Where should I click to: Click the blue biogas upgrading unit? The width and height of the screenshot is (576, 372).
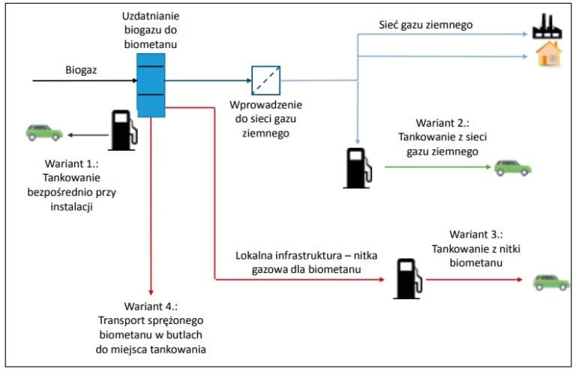(x=151, y=85)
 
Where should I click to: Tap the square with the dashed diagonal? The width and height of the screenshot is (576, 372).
(x=266, y=80)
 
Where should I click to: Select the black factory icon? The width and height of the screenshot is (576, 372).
(x=547, y=26)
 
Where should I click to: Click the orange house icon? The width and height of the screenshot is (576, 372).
(x=549, y=54)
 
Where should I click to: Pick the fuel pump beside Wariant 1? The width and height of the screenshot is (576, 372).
(x=123, y=130)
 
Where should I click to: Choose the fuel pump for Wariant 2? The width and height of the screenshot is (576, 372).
(x=358, y=168)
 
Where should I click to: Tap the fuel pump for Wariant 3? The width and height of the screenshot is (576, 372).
(x=408, y=279)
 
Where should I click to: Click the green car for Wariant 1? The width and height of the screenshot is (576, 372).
(x=44, y=133)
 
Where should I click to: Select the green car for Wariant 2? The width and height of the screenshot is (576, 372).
(x=512, y=168)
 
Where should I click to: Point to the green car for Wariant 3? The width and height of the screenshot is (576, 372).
(x=551, y=283)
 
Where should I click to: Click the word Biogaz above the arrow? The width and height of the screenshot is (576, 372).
(x=81, y=70)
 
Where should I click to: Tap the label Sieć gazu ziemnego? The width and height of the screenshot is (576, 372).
(x=426, y=25)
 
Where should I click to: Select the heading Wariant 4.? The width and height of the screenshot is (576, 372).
(x=151, y=306)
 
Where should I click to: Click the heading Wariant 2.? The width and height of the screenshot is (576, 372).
(x=442, y=123)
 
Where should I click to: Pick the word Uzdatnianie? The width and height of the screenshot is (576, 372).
(x=151, y=16)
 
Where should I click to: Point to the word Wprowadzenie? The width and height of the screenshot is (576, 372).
(x=265, y=105)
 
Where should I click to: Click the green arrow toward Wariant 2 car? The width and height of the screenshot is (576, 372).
(x=437, y=167)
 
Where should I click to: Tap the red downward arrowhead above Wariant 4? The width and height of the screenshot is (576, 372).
(x=151, y=292)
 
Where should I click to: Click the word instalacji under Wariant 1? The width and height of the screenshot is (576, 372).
(x=72, y=207)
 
